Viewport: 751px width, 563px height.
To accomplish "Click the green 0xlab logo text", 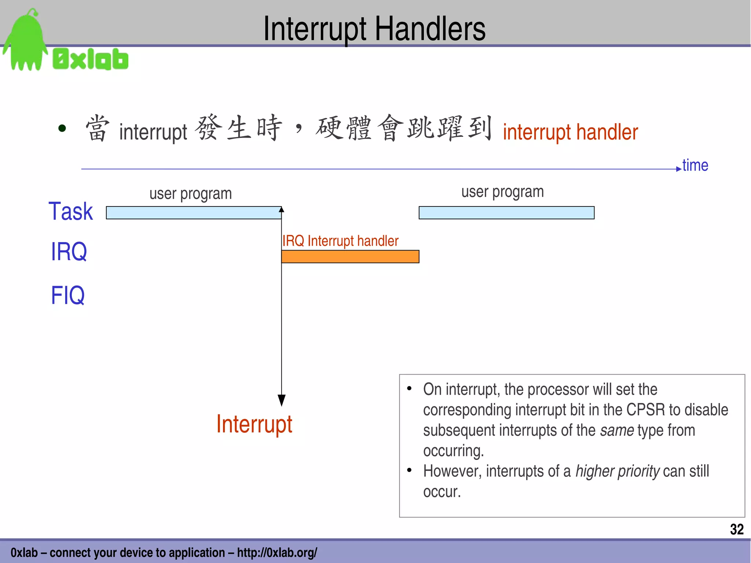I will click(91, 59).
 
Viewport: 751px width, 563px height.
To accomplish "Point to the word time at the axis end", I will click(695, 165).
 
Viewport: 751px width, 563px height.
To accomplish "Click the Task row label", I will click(71, 212).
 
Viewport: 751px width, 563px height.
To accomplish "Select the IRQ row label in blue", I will click(69, 252).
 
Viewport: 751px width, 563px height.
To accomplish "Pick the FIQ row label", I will click(67, 295).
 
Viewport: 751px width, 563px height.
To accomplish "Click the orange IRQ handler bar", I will click(350, 256).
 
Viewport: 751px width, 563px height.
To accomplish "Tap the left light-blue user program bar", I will click(193, 213).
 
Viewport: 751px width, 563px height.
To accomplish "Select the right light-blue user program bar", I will click(506, 213).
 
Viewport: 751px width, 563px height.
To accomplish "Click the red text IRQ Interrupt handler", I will click(340, 241).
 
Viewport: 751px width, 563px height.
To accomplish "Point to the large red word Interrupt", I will click(254, 424).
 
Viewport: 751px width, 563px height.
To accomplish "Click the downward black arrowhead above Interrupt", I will click(281, 400).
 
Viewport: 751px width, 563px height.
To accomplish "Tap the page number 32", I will click(736, 529).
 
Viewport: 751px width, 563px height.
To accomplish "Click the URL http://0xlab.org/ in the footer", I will click(277, 552).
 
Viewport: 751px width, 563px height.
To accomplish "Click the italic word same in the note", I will click(616, 430).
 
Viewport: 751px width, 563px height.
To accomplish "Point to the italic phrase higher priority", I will click(617, 471).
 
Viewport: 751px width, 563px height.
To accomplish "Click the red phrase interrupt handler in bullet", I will click(570, 132).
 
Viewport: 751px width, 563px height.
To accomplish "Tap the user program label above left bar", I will click(190, 194).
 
